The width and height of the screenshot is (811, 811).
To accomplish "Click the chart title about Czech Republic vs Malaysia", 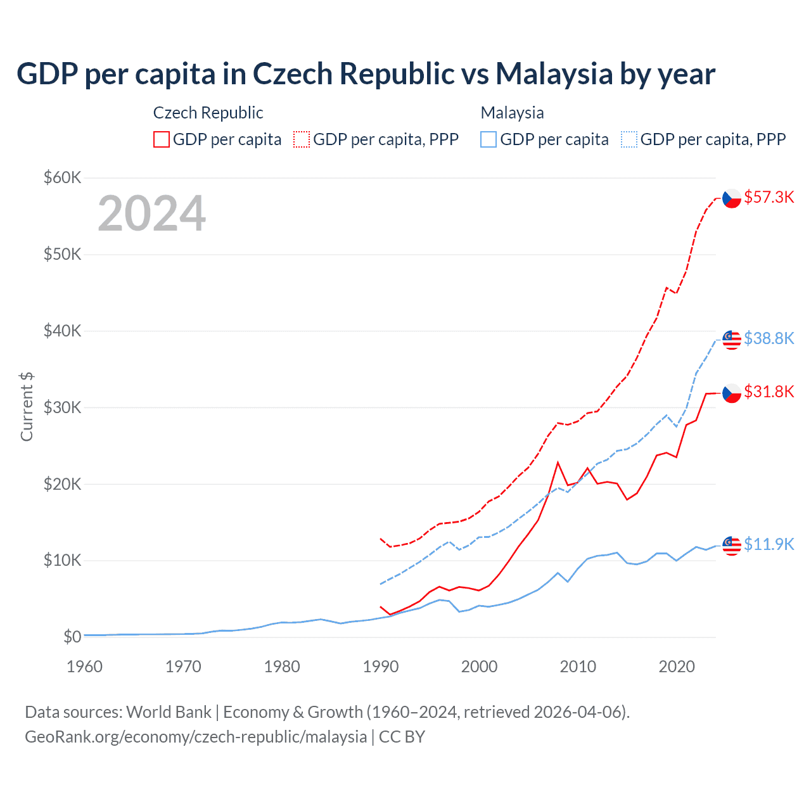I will tap(366, 74).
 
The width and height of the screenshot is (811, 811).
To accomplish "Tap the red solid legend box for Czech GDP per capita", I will tap(162, 139).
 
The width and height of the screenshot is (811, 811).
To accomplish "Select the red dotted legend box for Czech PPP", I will tap(302, 139).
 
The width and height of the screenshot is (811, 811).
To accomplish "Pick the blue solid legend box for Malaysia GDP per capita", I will tap(489, 139).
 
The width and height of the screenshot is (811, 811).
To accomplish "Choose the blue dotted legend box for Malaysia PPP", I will tap(629, 139).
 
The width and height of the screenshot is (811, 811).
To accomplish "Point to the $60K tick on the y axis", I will tap(62, 177).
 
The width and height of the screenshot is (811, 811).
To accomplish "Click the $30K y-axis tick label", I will tap(62, 407).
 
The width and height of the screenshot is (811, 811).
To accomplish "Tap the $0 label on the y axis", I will tap(72, 637).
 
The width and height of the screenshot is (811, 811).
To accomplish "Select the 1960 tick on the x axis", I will tap(84, 667).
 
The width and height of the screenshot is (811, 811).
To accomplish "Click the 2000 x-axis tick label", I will tap(479, 667).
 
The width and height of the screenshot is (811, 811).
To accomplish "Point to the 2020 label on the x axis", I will tap(677, 667).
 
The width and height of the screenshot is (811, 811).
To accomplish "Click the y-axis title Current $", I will tap(27, 407).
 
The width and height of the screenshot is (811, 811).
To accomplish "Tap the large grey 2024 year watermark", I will tap(151, 214).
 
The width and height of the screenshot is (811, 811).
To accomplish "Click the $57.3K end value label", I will tap(769, 198).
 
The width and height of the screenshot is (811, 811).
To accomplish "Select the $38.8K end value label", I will tap(769, 338).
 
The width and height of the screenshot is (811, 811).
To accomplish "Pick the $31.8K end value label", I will tap(769, 392).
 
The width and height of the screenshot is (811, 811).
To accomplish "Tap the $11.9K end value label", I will tap(769, 544).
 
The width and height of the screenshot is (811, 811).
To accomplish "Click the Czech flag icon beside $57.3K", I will tap(732, 198).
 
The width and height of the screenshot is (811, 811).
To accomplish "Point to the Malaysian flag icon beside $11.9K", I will tap(732, 546).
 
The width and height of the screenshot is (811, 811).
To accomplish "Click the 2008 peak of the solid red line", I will tap(558, 463).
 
